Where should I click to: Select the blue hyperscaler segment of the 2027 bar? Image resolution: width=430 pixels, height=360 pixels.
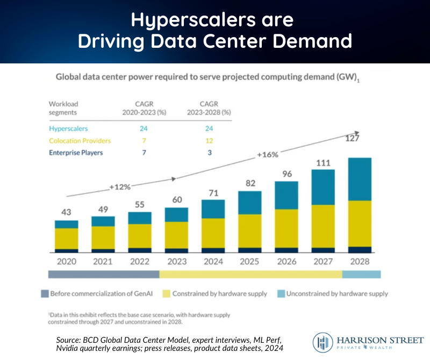coord(323,187)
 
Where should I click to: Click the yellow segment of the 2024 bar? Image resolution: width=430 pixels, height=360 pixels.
coord(213,233)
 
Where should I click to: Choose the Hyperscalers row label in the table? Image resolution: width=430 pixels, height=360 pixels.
coord(69,129)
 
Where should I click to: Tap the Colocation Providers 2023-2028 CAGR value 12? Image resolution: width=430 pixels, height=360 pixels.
coord(209,141)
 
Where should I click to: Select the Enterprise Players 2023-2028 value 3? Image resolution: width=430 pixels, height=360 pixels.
coord(209,153)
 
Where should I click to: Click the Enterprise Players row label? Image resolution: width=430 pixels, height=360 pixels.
coord(76,153)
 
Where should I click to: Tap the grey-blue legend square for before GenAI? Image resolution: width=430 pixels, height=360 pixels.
coord(45,294)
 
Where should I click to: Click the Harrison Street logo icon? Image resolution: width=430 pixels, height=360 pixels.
coord(322,342)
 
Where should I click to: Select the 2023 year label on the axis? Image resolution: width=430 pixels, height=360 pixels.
coord(176,262)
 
